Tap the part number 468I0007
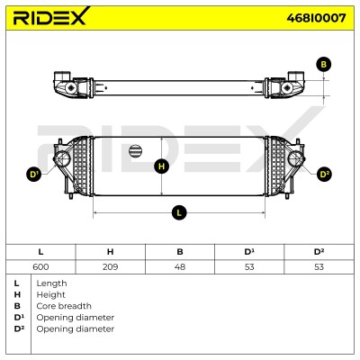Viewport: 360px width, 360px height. (x=316, y=18)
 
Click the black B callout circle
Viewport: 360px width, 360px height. (x=323, y=64)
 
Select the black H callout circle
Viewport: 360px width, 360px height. (x=161, y=166)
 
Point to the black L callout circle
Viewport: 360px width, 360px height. (x=179, y=212)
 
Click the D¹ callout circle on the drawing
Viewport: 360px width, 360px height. (x=34, y=175)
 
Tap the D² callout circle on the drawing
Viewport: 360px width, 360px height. (x=324, y=175)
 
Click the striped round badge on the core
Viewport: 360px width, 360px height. (x=135, y=150)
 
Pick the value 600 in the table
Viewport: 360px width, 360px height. (x=40, y=266)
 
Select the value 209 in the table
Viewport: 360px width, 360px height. (x=110, y=266)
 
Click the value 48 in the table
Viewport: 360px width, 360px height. (x=180, y=266)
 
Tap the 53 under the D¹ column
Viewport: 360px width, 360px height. (x=249, y=266)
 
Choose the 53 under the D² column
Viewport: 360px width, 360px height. (x=319, y=266)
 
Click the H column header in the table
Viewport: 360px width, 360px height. (x=110, y=251)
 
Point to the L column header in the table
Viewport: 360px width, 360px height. (x=40, y=251)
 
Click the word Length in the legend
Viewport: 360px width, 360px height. (x=51, y=283)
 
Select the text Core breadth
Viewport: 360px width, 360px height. (x=64, y=306)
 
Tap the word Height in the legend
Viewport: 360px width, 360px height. (x=50, y=294)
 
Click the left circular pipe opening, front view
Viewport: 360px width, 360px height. (x=62, y=159)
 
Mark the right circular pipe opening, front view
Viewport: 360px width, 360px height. (x=296, y=159)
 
